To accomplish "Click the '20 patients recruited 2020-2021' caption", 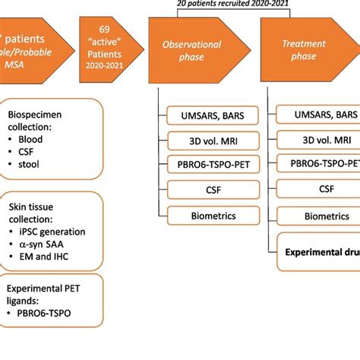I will (232, 5).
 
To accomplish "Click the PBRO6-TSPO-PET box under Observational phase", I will (210, 164).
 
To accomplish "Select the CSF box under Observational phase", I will (210, 190).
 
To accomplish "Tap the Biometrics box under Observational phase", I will (210, 216).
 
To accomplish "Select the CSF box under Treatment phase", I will (318, 190).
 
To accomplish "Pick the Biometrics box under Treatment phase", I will (318, 216).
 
